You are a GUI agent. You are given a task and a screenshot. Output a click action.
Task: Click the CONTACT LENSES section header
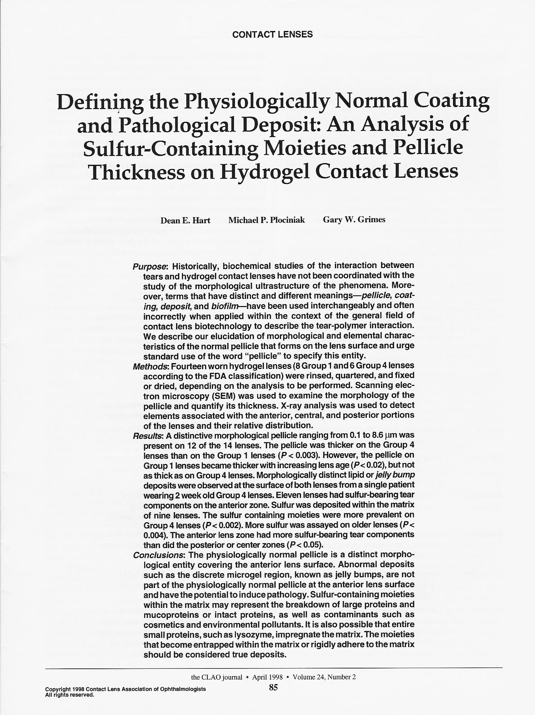pyautogui.click(x=272, y=34)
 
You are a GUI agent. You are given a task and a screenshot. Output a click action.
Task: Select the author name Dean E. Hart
pyautogui.click(x=185, y=220)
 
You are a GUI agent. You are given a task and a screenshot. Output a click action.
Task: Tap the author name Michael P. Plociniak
pyautogui.click(x=267, y=220)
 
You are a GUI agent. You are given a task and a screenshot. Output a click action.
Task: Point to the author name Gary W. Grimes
pyautogui.click(x=354, y=220)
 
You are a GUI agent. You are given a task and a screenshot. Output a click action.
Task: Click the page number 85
pyautogui.click(x=273, y=688)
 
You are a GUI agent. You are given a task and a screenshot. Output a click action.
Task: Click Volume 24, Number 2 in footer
pyautogui.click(x=324, y=677)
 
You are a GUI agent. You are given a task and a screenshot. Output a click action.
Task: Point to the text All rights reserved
pyautogui.click(x=70, y=695)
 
